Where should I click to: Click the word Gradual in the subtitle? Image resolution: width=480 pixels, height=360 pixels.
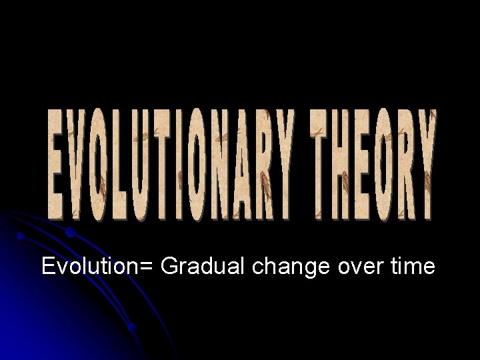tap(203, 267)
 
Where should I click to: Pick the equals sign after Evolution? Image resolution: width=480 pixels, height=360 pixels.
tap(148, 267)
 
